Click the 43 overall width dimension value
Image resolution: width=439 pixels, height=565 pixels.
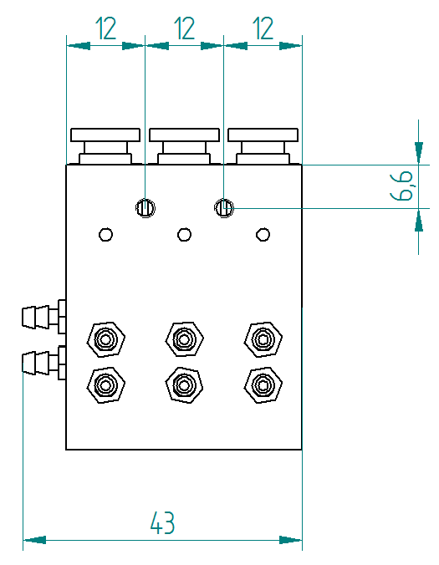coord(162,522)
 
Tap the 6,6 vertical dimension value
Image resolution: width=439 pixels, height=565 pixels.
coord(401,186)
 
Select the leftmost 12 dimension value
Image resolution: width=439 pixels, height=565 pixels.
coord(106,28)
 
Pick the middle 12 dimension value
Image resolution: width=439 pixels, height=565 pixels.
coord(184,28)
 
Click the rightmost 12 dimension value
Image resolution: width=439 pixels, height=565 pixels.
coord(263,28)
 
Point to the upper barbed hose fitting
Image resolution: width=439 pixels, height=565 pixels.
coord(43,317)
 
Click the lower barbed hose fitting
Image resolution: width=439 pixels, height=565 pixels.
coord(43,363)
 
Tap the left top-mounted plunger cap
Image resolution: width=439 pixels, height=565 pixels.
coord(105,146)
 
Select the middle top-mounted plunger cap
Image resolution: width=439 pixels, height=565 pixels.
coord(184,146)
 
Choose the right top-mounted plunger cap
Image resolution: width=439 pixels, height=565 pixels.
coord(263,146)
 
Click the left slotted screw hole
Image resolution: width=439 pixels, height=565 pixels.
coord(145,208)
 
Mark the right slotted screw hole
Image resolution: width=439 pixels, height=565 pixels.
coord(224,208)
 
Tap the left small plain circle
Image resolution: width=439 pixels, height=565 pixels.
coord(105,235)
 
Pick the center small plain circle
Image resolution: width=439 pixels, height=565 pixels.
coord(184,235)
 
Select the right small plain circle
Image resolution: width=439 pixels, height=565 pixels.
coord(263,235)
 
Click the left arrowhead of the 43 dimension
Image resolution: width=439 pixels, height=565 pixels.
coord(34,540)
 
